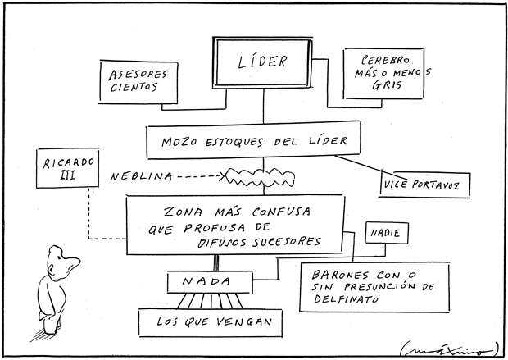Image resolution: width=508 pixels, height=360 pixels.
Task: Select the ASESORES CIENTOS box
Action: point(134,81)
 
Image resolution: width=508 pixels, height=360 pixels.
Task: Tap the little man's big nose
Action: point(75,263)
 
